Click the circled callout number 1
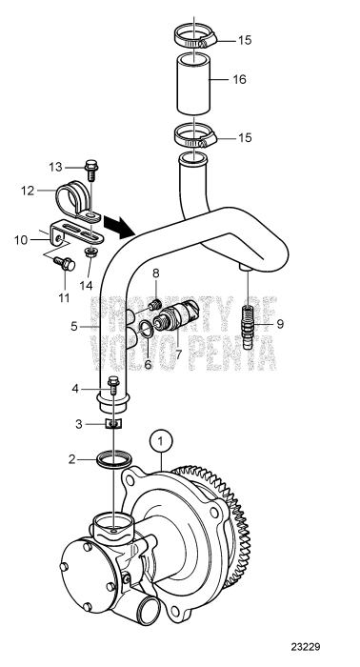click(x=163, y=441)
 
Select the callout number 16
click(x=239, y=81)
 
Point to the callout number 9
click(x=279, y=324)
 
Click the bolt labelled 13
click(x=91, y=171)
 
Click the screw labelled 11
click(x=66, y=260)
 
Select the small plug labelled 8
click(x=154, y=305)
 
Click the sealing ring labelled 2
click(x=113, y=462)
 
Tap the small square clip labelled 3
click(x=113, y=423)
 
